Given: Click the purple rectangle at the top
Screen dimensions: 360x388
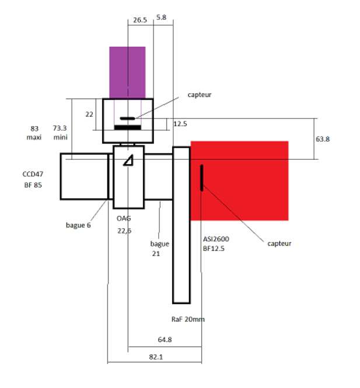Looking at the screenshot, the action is click(127, 72).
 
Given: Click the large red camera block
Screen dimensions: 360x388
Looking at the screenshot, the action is click(239, 181).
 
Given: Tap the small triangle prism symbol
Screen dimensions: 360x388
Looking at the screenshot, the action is click(128, 160).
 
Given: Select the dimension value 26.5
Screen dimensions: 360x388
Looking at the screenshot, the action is click(140, 20).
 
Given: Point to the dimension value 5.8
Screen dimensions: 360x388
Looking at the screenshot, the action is click(161, 18).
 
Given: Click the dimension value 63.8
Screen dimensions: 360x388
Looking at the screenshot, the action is click(323, 139).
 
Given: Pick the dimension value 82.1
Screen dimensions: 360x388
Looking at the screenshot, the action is click(156, 357).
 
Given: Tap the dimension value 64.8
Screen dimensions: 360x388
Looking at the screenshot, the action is click(165, 340).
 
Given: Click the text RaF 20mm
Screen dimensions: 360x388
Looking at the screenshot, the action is click(188, 319).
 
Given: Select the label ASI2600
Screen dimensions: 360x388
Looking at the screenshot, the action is click(216, 239).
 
